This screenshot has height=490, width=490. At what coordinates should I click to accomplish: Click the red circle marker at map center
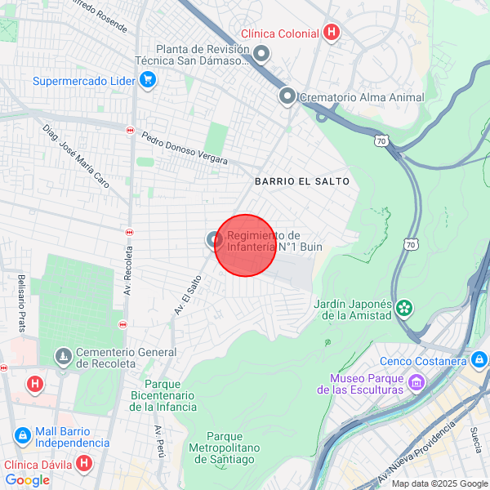pos(245,245)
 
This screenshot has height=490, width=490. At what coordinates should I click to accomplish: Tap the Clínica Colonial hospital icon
pos(331,33)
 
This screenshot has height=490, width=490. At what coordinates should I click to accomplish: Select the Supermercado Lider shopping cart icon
pos(147,79)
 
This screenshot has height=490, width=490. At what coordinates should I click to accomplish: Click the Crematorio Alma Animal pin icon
pos(287,96)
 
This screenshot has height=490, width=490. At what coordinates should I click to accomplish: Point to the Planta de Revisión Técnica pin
pos(261,55)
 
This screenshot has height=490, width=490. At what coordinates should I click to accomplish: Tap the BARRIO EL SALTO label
pos(301,181)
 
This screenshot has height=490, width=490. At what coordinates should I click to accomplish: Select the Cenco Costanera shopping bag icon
pos(479,359)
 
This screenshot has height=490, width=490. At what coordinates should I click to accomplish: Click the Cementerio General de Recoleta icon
pos(64,357)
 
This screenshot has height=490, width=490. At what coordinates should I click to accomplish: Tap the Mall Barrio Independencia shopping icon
pos(23,435)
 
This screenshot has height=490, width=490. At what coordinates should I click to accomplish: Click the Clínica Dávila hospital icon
pos(83,464)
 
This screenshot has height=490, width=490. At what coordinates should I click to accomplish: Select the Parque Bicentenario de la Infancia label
pos(170,395)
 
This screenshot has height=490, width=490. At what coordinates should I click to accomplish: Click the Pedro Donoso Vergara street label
pos(185,148)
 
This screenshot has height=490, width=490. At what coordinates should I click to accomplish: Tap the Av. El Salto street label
pos(188,295)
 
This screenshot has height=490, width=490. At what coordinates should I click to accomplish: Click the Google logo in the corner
pos(27,480)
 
